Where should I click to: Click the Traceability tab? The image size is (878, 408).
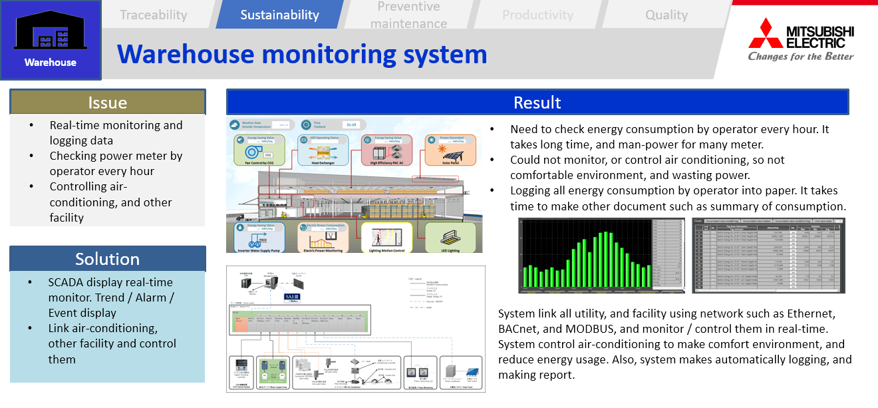pyautogui.click(x=154, y=15)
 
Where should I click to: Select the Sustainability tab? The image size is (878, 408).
pyautogui.click(x=279, y=15)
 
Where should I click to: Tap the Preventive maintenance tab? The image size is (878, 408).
pyautogui.click(x=408, y=15)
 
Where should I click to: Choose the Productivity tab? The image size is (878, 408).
pyautogui.click(x=537, y=15)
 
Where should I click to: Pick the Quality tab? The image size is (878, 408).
pyautogui.click(x=666, y=15)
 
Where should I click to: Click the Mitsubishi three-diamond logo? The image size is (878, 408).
pyautogui.click(x=765, y=33)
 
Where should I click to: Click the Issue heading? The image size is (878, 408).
pyautogui.click(x=108, y=102)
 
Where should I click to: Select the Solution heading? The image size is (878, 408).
pyautogui.click(x=108, y=259)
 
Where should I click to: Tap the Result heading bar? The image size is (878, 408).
pyautogui.click(x=537, y=102)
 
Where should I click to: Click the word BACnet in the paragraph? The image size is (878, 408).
pyautogui.click(x=520, y=329)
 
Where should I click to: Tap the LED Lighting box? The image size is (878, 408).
pyautogui.click(x=450, y=237)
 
